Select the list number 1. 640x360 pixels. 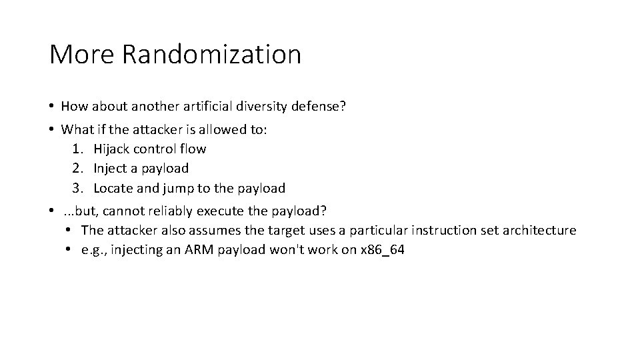coord(76,149)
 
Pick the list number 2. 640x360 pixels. coord(76,168)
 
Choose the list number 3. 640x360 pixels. coord(76,188)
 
